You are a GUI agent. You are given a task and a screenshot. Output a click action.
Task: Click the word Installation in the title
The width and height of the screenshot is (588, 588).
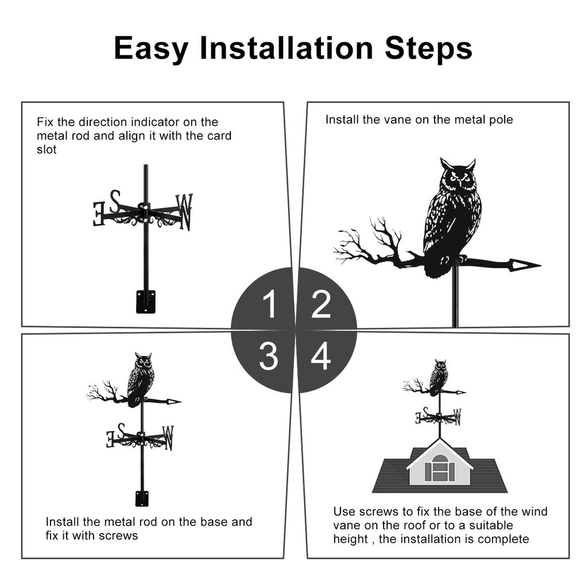point(287,48)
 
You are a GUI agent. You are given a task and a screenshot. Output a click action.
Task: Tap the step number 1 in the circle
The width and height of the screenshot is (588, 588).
point(270,304)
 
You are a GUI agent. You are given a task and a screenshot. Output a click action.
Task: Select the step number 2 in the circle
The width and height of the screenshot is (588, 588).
point(321,304)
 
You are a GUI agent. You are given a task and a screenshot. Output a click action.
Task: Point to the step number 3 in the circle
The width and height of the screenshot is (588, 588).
point(269,356)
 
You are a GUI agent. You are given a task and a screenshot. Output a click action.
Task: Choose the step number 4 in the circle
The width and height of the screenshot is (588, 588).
point(321,355)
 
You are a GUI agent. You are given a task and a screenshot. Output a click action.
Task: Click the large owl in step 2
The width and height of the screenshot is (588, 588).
point(451,218)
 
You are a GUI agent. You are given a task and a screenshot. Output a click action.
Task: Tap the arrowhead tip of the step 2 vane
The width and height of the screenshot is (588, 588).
point(540,265)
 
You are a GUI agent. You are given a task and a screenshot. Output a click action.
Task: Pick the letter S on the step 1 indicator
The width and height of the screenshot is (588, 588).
point(115,202)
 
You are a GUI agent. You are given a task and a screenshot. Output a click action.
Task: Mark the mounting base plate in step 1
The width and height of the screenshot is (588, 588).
point(145,301)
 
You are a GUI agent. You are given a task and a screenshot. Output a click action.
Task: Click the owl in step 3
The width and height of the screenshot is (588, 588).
point(141,379)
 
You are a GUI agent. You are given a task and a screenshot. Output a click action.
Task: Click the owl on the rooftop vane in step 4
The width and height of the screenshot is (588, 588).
point(439,377)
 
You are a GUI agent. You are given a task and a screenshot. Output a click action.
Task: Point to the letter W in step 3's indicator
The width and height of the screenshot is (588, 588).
point(168,437)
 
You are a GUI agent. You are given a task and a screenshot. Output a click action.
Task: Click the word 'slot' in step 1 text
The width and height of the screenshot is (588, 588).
point(47,150)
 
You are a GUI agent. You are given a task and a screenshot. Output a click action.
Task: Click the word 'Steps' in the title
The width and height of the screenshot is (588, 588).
point(428,48)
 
